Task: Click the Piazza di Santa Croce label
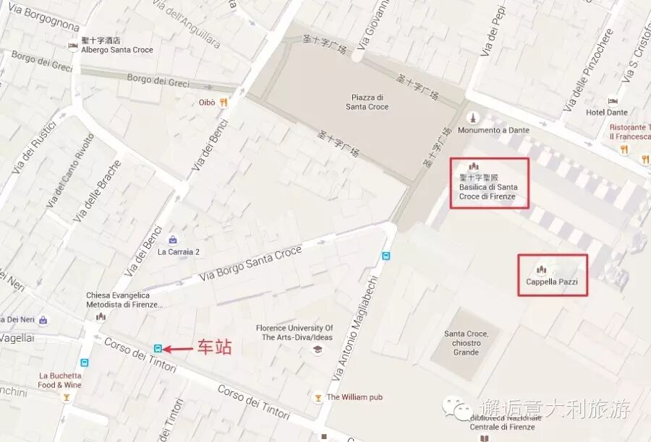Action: pyautogui.click(x=370, y=102)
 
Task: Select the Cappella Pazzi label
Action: pyautogui.click(x=552, y=282)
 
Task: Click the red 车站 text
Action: pyautogui.click(x=214, y=348)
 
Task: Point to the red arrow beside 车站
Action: pyautogui.click(x=178, y=349)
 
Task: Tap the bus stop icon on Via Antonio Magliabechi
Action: pyautogui.click(x=386, y=256)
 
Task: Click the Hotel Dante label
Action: pyautogui.click(x=606, y=112)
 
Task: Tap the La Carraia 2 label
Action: pyautogui.click(x=178, y=252)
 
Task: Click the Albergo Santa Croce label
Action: pyautogui.click(x=117, y=50)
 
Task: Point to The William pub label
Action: pyautogui.click(x=354, y=397)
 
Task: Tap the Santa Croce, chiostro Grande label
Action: pyautogui.click(x=466, y=342)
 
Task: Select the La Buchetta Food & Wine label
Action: pyautogui.click(x=61, y=381)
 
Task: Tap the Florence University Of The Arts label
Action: pyautogui.click(x=294, y=332)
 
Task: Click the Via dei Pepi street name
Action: pyautogui.click(x=493, y=32)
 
